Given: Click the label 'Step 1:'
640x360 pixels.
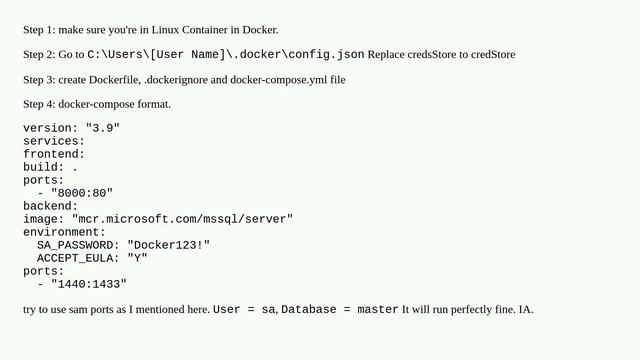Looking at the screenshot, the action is pos(40,30).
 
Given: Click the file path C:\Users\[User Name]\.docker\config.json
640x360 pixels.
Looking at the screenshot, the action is pos(225,54).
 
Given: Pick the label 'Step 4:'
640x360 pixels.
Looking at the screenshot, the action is pos(40,103).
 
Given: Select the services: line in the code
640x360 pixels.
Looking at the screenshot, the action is pos(54,141).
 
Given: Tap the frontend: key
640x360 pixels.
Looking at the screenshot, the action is pos(54,154).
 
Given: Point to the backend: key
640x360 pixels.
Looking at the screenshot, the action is pos(50,206).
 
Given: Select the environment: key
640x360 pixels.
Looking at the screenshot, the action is pos(64,232).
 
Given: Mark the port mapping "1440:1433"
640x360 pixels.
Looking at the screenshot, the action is pos(89,284).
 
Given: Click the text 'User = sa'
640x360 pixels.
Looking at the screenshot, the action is pos(244,310).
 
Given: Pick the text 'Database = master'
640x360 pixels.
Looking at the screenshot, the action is pos(340,310).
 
